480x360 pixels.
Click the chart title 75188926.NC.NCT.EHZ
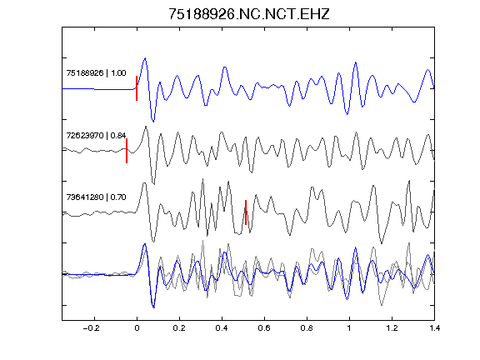click(x=249, y=14)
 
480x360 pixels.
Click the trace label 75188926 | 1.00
click(x=96, y=73)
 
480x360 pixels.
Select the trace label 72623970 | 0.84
click(x=96, y=135)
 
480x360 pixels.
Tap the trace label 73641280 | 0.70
click(x=96, y=197)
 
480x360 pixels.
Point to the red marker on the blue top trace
click(x=137, y=88)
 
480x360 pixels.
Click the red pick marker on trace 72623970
click(x=127, y=151)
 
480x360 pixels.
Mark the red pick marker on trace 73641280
click(x=246, y=212)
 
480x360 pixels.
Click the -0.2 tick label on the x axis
click(x=92, y=328)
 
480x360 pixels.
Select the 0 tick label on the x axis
click(x=137, y=328)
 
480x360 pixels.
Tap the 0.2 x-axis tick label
click(x=179, y=328)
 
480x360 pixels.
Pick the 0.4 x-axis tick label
click(x=222, y=328)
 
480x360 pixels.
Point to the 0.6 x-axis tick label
click(x=264, y=328)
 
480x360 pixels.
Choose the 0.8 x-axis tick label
click(x=307, y=328)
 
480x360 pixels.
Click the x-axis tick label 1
click(x=349, y=328)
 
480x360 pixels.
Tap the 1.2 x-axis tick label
click(x=392, y=328)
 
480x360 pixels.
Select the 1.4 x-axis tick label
click(x=434, y=328)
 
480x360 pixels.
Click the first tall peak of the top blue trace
click(x=145, y=57)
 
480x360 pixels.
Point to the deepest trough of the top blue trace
click(x=153, y=121)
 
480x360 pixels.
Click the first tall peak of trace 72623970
click(x=146, y=127)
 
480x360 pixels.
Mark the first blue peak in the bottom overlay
click(x=144, y=244)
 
